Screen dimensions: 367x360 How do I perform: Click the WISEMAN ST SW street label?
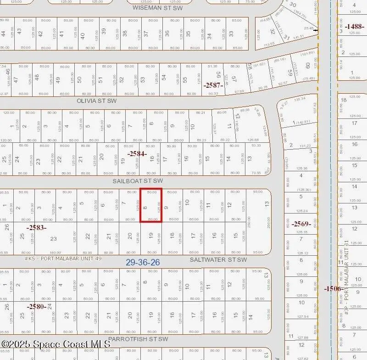(x=157, y=7)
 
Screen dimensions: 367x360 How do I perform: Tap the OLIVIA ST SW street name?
(x=96, y=101)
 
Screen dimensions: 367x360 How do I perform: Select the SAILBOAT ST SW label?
(x=138, y=181)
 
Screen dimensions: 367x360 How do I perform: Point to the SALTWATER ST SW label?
(x=218, y=259)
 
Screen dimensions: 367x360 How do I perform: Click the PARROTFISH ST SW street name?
(x=138, y=339)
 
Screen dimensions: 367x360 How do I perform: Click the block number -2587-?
(x=213, y=85)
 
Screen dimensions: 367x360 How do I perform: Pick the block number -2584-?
(x=137, y=154)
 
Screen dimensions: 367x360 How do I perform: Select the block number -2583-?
(x=36, y=227)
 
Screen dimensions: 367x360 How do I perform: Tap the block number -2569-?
(x=301, y=224)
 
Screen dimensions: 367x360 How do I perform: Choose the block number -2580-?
(x=36, y=306)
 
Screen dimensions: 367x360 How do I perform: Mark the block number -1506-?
(x=333, y=288)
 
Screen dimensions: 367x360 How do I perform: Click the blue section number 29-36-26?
(x=143, y=262)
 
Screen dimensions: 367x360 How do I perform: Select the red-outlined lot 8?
(x=151, y=205)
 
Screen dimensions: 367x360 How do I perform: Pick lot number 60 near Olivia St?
(x=307, y=66)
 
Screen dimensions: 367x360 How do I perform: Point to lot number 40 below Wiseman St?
(x=82, y=35)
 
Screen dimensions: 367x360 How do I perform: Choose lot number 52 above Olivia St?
(x=122, y=79)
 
